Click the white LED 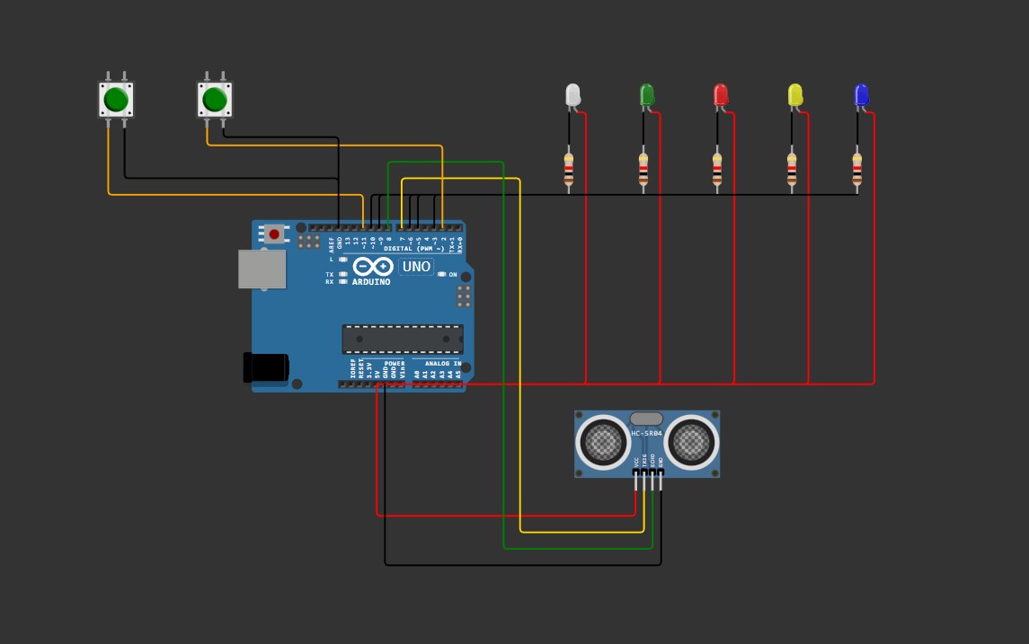point(572,94)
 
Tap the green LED point(646,94)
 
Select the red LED point(720,94)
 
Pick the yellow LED point(794,94)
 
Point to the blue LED point(861,94)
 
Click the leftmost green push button point(116,99)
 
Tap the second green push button point(215,99)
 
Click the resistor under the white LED point(569,169)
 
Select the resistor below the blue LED point(857,169)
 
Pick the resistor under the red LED point(717,169)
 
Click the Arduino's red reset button point(274,234)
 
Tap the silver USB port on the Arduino point(262,269)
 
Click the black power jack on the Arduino point(266,366)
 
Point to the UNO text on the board point(416,267)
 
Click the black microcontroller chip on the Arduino point(403,339)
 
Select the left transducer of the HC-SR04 point(603,442)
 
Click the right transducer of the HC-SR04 point(691,442)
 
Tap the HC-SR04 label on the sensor point(646,434)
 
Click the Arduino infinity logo point(372,267)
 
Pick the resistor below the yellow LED point(792,169)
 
